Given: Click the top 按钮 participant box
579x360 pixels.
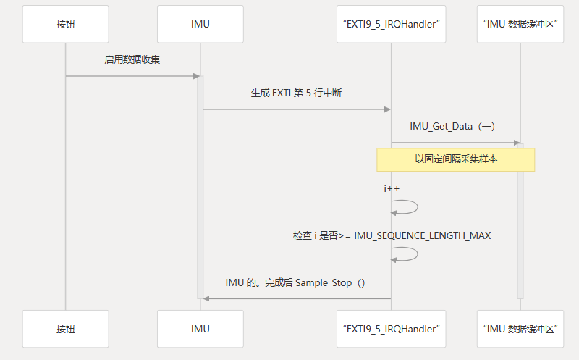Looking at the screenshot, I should tap(65, 25).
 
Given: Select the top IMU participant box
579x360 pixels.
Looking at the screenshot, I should tap(200, 25).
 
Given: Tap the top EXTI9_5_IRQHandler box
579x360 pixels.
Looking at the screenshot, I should tap(391, 25).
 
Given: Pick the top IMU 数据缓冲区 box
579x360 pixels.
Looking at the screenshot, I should tap(520, 25).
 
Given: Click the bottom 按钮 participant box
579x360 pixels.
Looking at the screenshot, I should tap(65, 329).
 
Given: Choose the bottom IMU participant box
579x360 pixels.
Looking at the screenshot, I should tap(200, 329).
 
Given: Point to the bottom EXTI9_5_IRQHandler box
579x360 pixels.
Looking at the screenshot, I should tap(391, 329).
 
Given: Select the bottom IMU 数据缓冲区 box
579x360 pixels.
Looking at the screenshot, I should tap(520, 329).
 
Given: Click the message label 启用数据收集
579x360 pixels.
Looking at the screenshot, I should tap(132, 60).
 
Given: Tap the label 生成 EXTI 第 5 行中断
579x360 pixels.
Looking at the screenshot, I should tap(296, 93).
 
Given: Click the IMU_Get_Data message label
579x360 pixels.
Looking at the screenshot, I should tap(452, 127).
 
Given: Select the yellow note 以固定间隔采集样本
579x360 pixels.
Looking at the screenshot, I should tap(455, 159).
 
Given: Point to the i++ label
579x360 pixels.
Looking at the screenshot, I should tap(392, 189).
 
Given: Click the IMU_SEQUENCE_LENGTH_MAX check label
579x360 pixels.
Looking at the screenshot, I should tap(392, 236).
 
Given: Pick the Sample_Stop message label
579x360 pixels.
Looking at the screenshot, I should tap(295, 282).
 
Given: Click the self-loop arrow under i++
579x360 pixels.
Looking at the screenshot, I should tap(408, 206).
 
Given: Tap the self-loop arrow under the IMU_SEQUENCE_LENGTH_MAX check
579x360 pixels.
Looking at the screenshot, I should tap(408, 254).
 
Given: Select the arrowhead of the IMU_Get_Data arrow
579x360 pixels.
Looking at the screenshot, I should tap(516, 143).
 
